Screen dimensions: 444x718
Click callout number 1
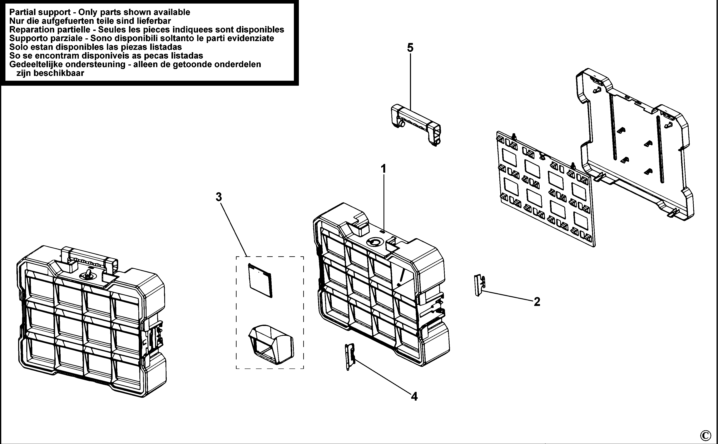[x=383, y=169]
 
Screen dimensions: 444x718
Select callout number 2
[x=537, y=302]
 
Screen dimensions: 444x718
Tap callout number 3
[x=219, y=197]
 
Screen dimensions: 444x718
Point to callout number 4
[x=414, y=397]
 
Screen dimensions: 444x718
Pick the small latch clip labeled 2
[x=479, y=285]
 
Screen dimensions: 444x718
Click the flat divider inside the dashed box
[x=260, y=280]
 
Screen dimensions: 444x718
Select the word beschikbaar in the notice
[x=59, y=73]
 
